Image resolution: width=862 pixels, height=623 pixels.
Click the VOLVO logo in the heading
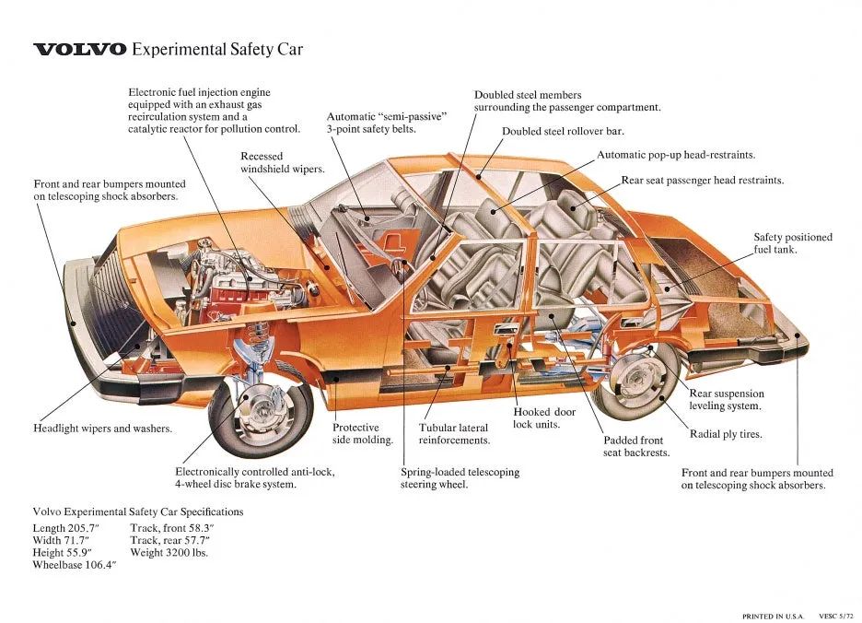click(x=80, y=50)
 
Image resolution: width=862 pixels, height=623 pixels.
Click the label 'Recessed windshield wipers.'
click(x=282, y=163)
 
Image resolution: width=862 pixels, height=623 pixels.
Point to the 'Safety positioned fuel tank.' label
click(x=792, y=243)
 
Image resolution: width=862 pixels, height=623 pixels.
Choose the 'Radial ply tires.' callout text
click(x=726, y=434)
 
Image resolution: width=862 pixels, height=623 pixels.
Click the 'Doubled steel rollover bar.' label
click(x=563, y=131)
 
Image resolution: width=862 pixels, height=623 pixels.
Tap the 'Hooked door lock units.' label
click(x=544, y=418)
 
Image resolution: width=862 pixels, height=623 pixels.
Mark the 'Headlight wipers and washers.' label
click(x=102, y=429)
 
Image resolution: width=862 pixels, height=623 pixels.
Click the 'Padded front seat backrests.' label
click(x=635, y=446)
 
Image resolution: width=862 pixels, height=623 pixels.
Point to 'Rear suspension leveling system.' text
click(x=726, y=400)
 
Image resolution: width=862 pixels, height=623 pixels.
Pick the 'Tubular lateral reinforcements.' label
click(x=454, y=434)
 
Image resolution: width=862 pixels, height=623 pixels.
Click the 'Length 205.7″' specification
click(x=65, y=528)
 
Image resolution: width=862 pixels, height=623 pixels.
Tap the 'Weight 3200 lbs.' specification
click(x=169, y=552)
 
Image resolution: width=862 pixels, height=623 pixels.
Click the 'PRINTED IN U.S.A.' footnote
click(x=773, y=616)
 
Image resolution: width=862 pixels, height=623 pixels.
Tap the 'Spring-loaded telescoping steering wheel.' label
click(x=460, y=478)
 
